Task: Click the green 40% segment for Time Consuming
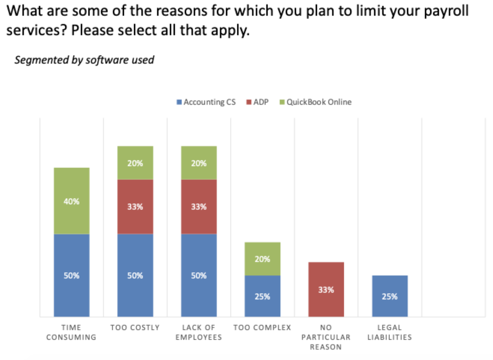tap(71, 201)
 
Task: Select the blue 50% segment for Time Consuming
tap(71, 275)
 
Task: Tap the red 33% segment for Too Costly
tap(135, 206)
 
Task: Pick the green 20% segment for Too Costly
tap(135, 163)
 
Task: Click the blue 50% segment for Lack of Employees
tap(199, 275)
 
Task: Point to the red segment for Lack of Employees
tap(199, 206)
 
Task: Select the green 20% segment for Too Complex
tap(262, 258)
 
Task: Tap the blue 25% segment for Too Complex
tap(262, 296)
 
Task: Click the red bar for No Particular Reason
tap(326, 289)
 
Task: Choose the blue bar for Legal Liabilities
tap(390, 296)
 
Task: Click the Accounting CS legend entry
tap(206, 102)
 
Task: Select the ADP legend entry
tap(258, 102)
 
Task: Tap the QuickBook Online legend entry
tap(316, 102)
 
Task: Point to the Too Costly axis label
tap(135, 328)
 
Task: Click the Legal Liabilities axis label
tap(390, 332)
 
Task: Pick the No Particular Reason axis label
tap(326, 337)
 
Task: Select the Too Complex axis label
tap(262, 328)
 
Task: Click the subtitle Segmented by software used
tap(84, 60)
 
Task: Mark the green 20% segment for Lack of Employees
tap(199, 163)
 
